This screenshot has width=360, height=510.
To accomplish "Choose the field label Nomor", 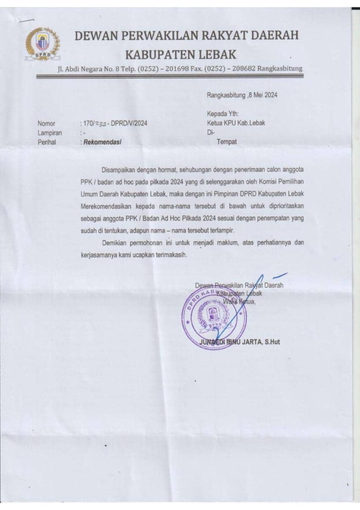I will (x=46, y=124).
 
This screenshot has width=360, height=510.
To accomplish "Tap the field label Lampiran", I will (x=50, y=133).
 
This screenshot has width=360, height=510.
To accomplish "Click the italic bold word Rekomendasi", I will (x=102, y=142).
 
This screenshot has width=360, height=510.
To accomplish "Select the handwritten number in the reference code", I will (x=100, y=124).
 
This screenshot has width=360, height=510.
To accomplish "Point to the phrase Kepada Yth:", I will (x=223, y=114).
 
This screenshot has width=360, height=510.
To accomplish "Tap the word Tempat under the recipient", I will (x=227, y=142).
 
